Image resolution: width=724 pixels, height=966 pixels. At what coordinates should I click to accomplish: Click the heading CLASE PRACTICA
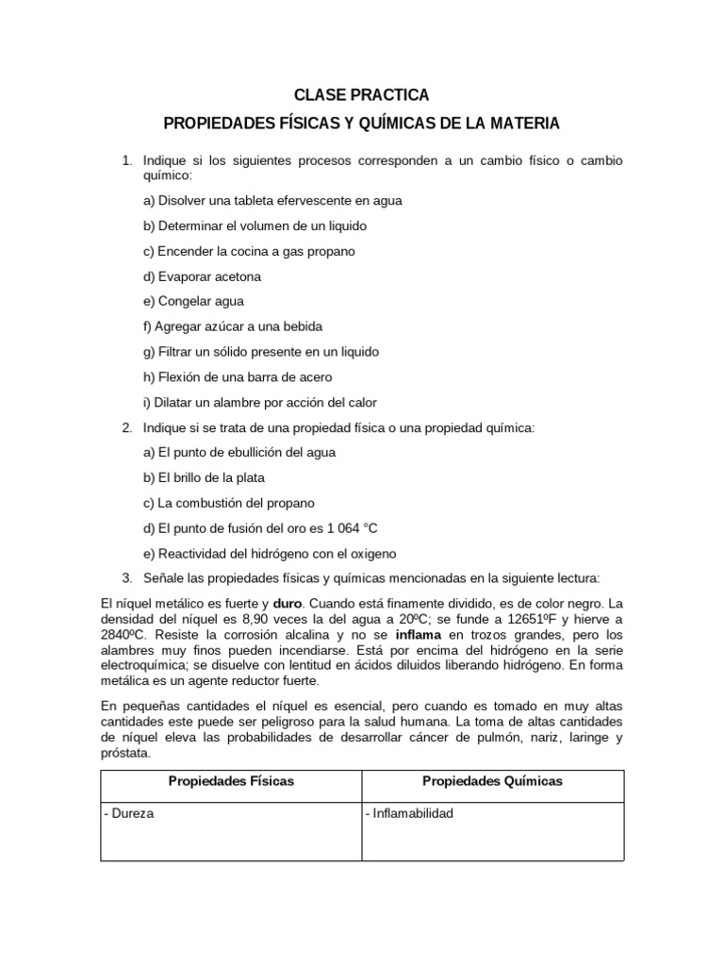[x=361, y=95]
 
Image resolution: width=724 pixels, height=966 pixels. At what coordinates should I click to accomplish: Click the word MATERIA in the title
[x=523, y=124]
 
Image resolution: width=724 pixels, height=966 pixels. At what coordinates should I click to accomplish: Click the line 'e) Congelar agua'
[x=193, y=301]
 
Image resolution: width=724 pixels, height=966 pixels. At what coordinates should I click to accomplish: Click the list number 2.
[x=126, y=428]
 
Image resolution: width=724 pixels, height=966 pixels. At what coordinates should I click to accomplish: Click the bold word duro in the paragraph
[x=288, y=603]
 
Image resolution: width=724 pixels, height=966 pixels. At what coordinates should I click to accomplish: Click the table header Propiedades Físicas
[x=231, y=781]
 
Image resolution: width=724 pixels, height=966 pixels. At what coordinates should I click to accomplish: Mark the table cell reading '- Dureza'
[x=130, y=813]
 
